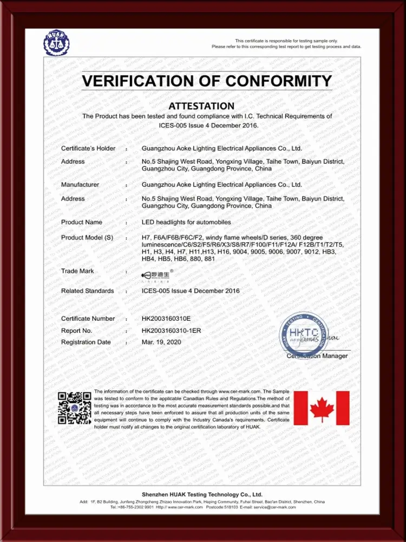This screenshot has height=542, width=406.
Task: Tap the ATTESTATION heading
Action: pyautogui.click(x=201, y=106)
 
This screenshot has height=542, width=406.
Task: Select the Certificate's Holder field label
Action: pyautogui.click(x=88, y=148)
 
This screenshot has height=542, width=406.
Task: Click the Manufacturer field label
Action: pyautogui.click(x=80, y=185)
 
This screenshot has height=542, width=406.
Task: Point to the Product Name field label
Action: pyautogui.click(x=82, y=222)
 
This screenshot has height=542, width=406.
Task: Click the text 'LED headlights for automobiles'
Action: pyautogui.click(x=186, y=222)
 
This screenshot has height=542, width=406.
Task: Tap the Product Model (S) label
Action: pyautogui.click(x=87, y=237)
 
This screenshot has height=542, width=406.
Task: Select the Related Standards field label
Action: pyautogui.click(x=88, y=291)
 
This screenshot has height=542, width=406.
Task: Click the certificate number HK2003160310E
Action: pyautogui.click(x=166, y=319)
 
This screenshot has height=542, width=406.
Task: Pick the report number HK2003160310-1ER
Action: pyautogui.click(x=171, y=330)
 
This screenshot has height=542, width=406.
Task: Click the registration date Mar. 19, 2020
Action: pyautogui.click(x=161, y=342)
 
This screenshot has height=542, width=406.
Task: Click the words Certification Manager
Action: pyautogui.click(x=317, y=356)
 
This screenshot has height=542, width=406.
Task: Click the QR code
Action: pyautogui.click(x=74, y=408)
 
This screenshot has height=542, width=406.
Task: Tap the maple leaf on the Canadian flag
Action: pyautogui.click(x=322, y=408)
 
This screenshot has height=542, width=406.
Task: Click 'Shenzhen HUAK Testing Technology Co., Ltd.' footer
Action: pyautogui.click(x=202, y=494)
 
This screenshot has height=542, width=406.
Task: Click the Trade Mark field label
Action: pyautogui.click(x=77, y=271)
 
